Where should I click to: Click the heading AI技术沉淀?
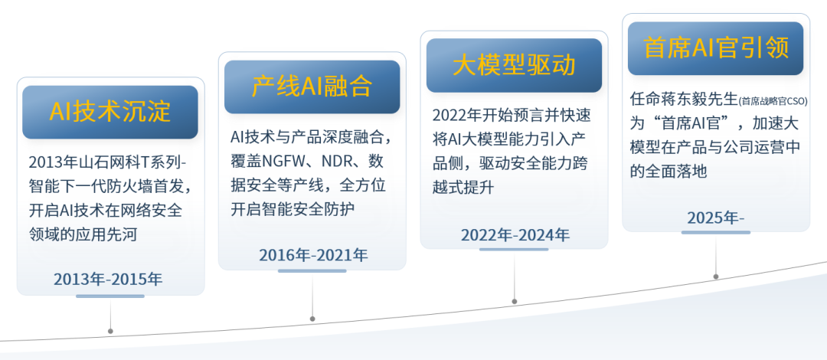110,112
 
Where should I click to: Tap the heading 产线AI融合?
312,87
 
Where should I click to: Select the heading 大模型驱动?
515,65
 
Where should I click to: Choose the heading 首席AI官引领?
716,48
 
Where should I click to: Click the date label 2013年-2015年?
108,279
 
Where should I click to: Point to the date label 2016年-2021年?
313,255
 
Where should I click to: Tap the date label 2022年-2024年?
515,234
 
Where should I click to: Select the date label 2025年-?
716,217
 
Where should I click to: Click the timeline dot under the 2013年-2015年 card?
110,331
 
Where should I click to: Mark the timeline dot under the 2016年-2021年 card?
312,319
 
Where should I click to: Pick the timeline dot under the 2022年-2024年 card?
515,302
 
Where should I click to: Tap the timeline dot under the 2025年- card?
716,277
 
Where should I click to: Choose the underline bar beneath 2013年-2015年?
110,296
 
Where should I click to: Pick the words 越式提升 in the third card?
463,188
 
